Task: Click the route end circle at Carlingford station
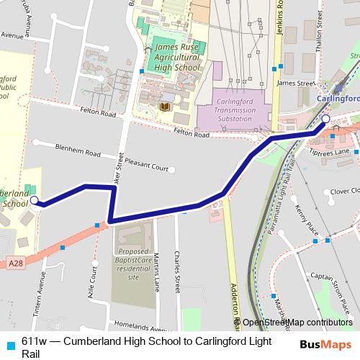click(x=325, y=119)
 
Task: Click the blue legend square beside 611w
click(x=9, y=343)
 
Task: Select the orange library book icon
click(x=164, y=107)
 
